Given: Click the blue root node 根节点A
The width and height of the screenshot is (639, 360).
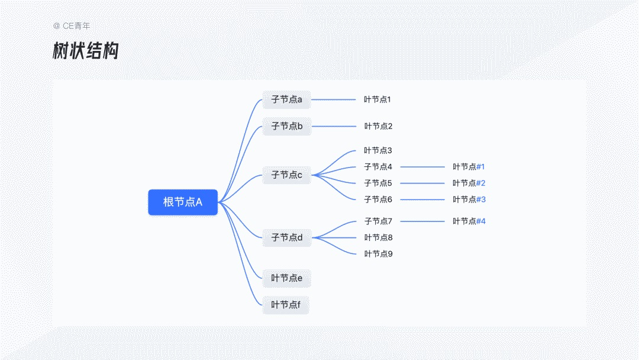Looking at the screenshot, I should [183, 202].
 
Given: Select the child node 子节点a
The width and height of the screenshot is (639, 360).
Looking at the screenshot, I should [287, 99].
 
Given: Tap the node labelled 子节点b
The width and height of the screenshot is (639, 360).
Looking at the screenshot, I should [287, 126].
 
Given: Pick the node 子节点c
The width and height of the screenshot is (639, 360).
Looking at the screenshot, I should [287, 175].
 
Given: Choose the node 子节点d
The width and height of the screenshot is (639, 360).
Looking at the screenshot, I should [287, 237].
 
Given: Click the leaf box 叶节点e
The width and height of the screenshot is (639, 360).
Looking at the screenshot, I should [287, 278].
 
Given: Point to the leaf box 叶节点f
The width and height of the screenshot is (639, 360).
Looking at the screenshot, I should [286, 305].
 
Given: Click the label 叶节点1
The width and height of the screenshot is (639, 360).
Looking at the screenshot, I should [377, 99].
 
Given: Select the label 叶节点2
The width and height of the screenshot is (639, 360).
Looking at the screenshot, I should [378, 126].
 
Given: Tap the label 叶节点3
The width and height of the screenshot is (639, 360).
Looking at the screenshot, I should [378, 150].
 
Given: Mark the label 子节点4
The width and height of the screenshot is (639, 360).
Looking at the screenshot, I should [378, 167].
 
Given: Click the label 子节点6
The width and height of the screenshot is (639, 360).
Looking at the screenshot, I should [378, 200].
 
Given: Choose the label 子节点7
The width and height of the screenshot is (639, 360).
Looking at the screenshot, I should [378, 221].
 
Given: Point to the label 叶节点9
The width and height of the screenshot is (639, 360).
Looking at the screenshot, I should [378, 254].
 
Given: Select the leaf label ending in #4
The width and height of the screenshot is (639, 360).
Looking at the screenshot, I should [469, 221].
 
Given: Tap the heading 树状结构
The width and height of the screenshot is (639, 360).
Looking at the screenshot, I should [85, 52].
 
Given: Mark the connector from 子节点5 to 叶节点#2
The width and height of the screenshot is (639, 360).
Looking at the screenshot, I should [422, 184].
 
